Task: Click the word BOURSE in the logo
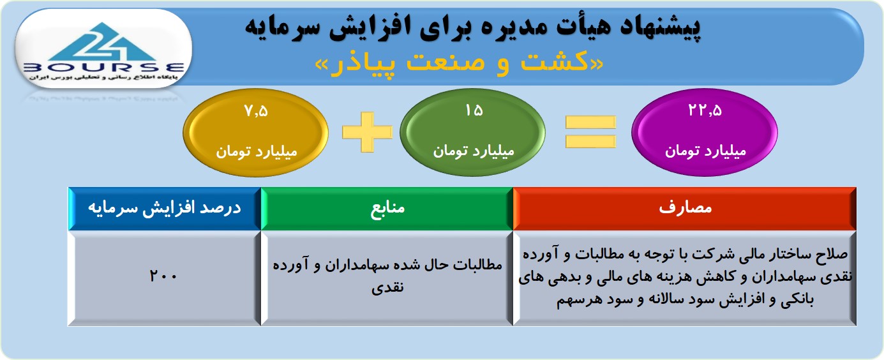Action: coord(103,68)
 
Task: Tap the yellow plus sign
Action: coord(367,132)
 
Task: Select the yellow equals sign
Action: coord(590,132)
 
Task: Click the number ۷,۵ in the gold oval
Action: coord(256,111)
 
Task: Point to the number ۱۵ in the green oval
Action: coord(474,110)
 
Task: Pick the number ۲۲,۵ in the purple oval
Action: coord(705,110)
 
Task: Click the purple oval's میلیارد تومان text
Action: coord(705,151)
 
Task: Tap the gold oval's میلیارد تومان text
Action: coord(256,152)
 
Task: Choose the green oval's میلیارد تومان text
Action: coord(474,151)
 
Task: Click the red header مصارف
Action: coord(685,207)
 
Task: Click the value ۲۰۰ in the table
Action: coord(163,275)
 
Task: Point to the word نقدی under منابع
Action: coord(387,287)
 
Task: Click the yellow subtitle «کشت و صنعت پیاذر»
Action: coord(459,63)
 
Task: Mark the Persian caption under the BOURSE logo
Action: coord(103,77)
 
